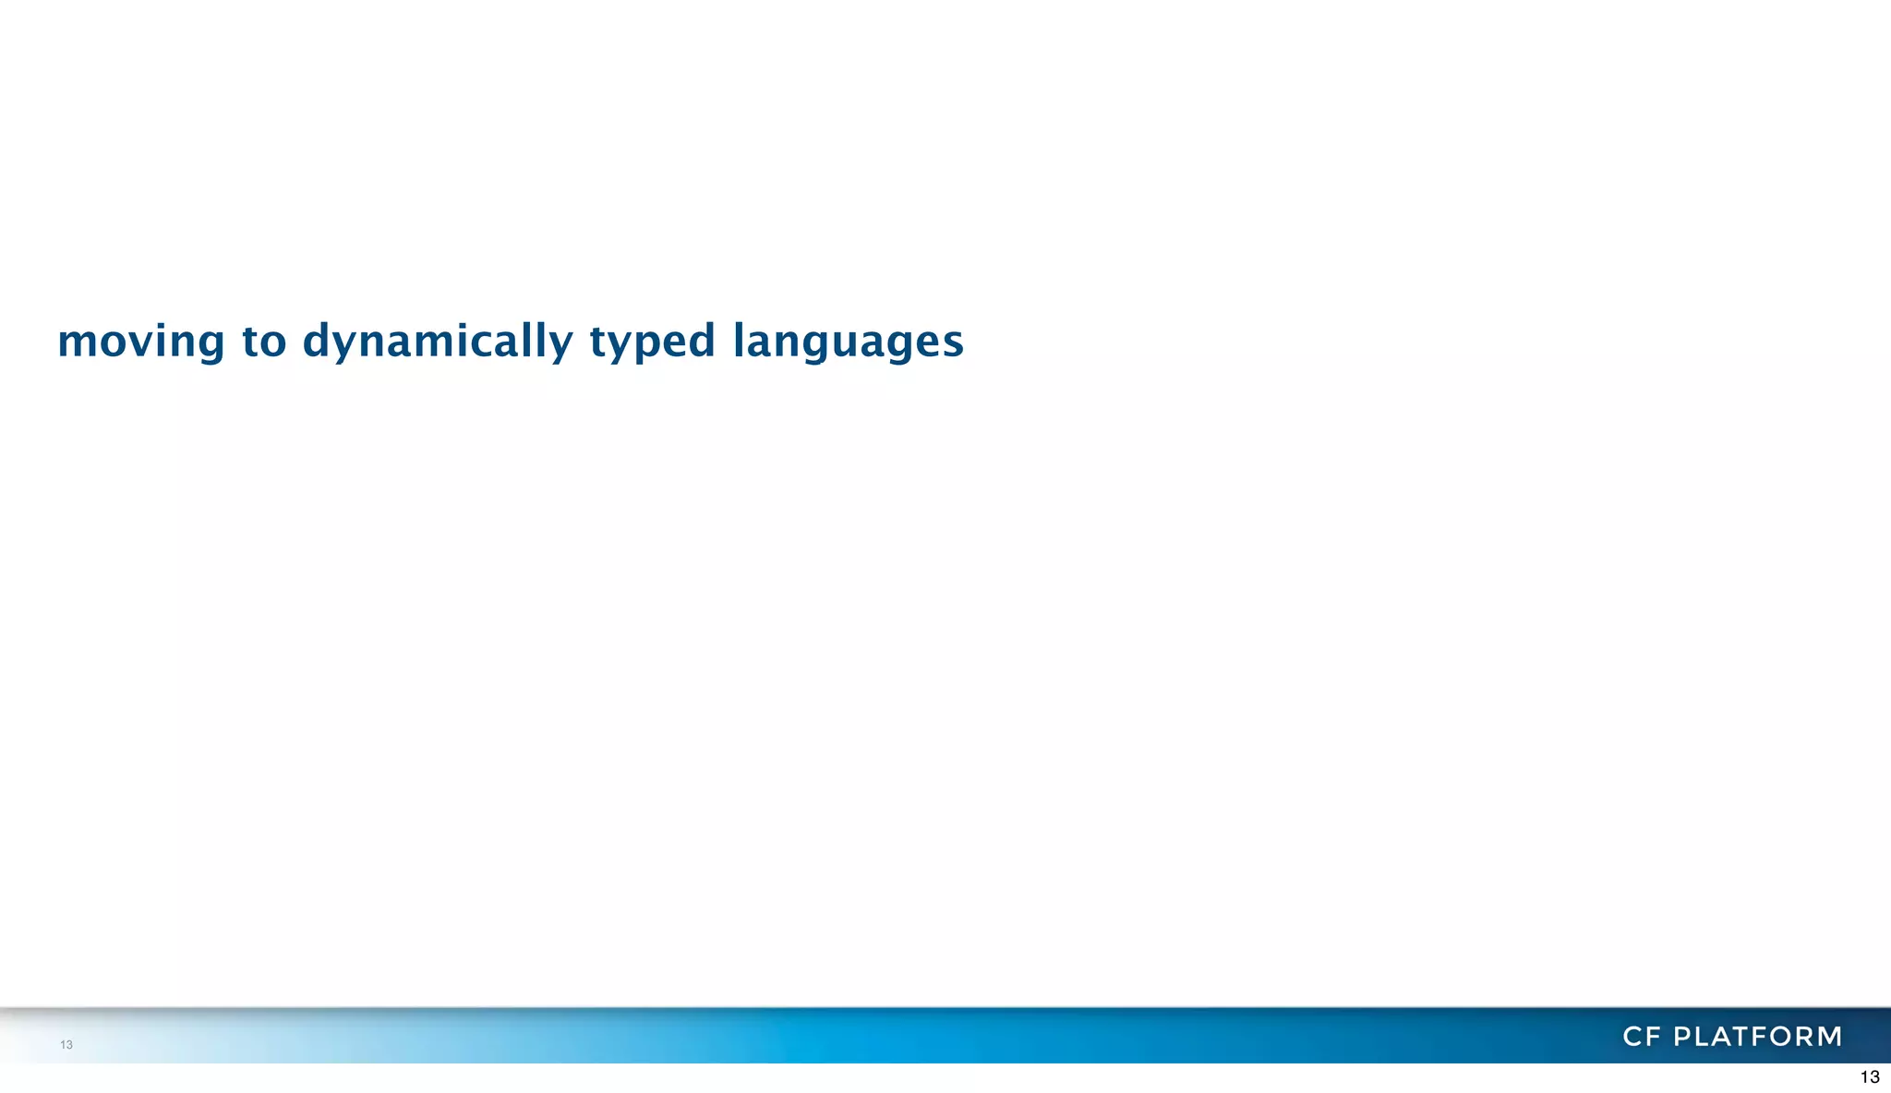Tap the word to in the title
(x=264, y=341)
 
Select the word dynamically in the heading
(x=438, y=341)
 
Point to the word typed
(x=652, y=341)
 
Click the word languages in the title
(x=848, y=341)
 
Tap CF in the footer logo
(x=1642, y=1037)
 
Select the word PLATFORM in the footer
(x=1758, y=1037)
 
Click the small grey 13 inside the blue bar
(x=66, y=1045)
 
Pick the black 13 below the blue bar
(x=1869, y=1077)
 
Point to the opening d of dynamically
(x=317, y=340)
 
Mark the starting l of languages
(x=739, y=339)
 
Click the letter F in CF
(x=1653, y=1037)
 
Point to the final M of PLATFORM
(x=1828, y=1037)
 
